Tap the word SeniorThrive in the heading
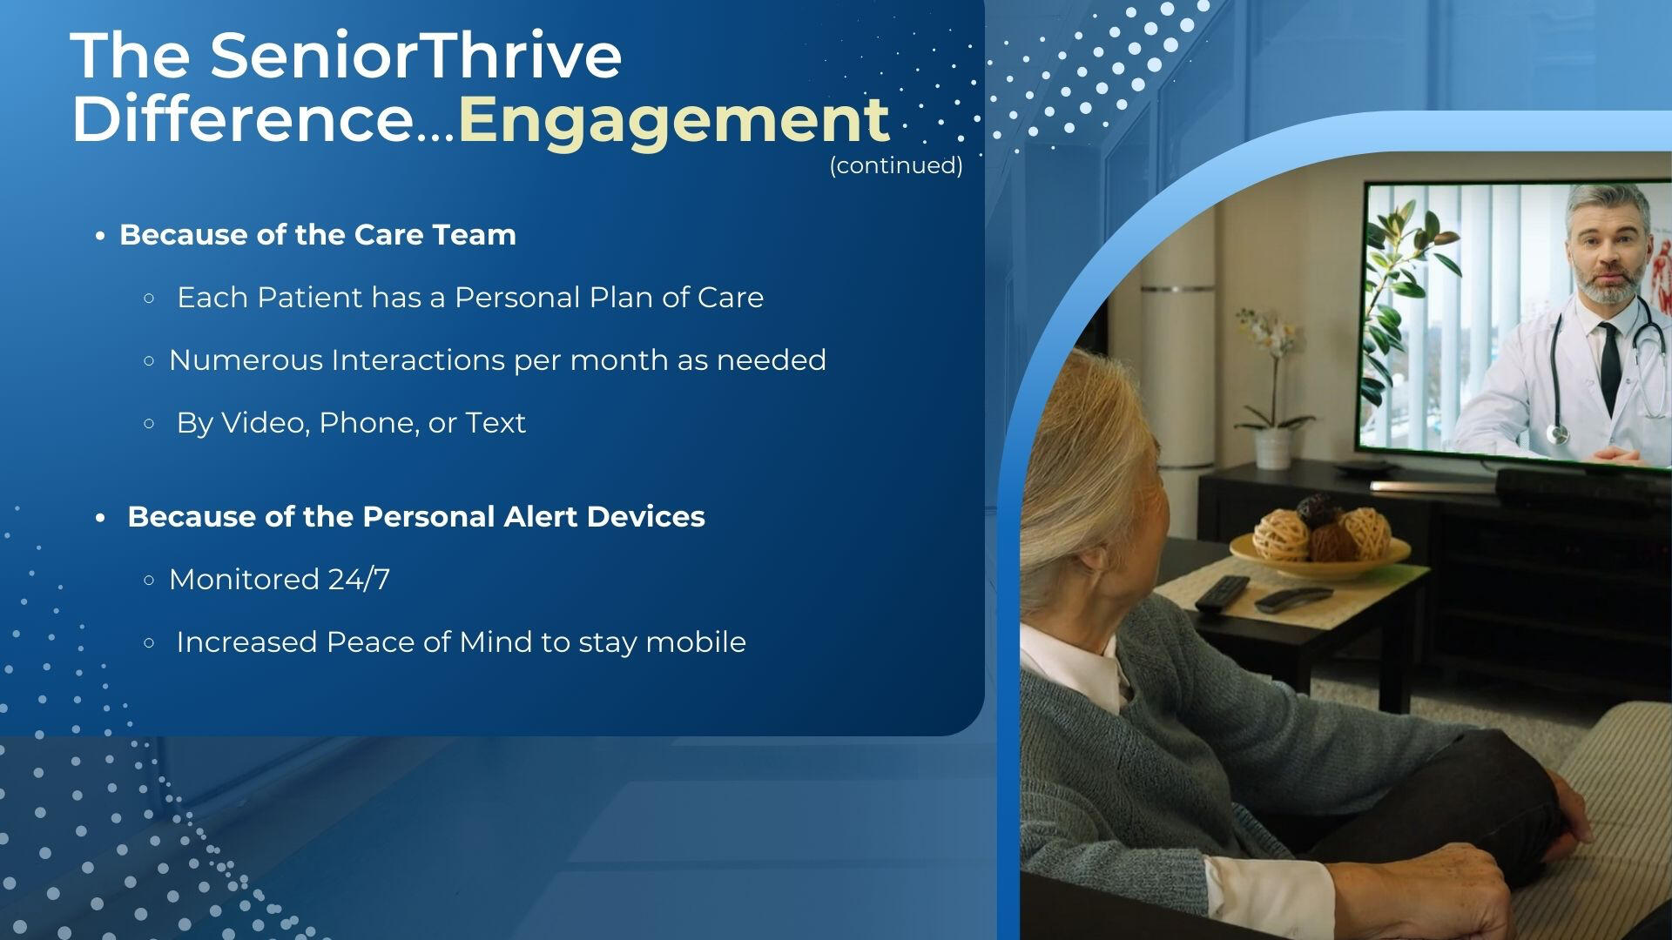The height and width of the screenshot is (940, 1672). point(416,55)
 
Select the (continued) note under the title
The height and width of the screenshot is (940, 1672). point(896,165)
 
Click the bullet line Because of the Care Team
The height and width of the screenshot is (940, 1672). point(318,235)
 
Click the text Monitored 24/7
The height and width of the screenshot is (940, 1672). point(280,580)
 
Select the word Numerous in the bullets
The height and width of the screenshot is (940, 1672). point(246,360)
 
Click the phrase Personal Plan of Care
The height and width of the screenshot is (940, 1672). point(609,298)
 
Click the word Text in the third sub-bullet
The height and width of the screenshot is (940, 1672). point(496,423)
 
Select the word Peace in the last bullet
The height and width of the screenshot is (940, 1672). point(361,642)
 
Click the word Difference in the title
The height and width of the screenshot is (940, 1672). point(242,120)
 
